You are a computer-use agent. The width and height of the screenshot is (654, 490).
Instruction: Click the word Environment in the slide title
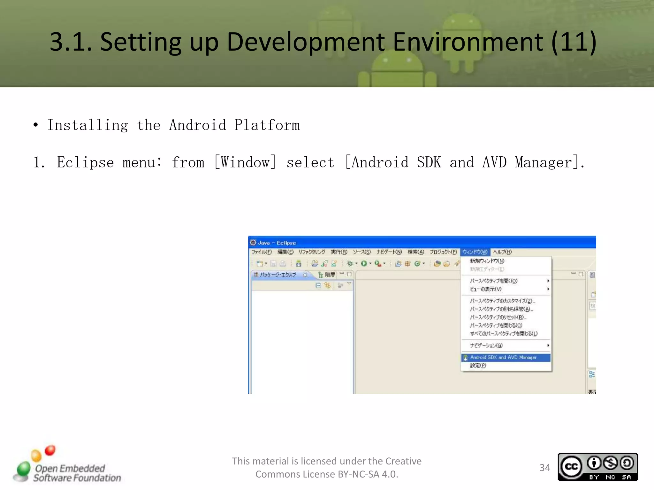click(x=468, y=42)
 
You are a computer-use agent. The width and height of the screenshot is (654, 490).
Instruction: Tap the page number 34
click(x=545, y=467)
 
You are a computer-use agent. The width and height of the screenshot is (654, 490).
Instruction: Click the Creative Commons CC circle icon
click(x=571, y=467)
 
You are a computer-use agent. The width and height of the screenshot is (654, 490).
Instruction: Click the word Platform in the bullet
click(x=267, y=125)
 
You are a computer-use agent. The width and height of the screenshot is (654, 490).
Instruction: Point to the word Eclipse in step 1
click(x=85, y=162)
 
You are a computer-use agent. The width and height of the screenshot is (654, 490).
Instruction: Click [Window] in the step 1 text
click(x=245, y=162)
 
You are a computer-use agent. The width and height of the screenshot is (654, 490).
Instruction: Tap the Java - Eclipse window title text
click(x=277, y=243)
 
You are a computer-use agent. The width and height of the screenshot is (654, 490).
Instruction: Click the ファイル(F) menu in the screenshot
click(x=261, y=252)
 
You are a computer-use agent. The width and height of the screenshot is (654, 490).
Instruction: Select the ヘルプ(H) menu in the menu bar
click(x=502, y=252)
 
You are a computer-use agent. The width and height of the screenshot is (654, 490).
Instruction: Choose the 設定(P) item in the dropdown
click(x=478, y=366)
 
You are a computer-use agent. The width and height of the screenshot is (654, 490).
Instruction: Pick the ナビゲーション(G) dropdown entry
click(x=486, y=345)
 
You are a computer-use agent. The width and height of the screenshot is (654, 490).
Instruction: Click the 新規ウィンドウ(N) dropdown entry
click(x=487, y=261)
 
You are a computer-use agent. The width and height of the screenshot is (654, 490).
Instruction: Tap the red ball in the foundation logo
click(x=50, y=450)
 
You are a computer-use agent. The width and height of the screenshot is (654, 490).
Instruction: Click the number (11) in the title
click(x=574, y=42)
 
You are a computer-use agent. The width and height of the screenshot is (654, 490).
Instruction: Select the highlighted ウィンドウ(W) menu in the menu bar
click(x=475, y=252)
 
